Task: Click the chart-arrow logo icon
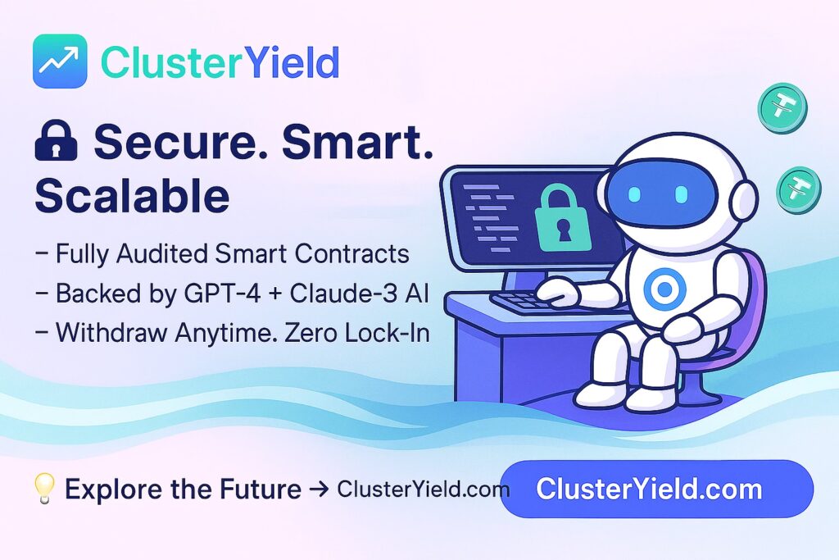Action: [x=60, y=61]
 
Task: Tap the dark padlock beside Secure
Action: [x=57, y=140]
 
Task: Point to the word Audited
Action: [x=164, y=254]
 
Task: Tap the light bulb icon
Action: [x=44, y=488]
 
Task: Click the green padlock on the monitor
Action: [x=563, y=216]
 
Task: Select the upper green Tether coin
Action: [x=782, y=109]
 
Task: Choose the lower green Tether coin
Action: [x=799, y=190]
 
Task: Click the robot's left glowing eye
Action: [x=635, y=193]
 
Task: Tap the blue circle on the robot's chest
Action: [x=664, y=289]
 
